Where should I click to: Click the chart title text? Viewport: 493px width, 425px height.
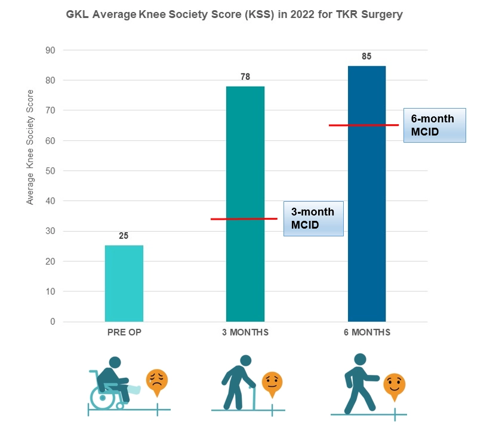(x=234, y=14)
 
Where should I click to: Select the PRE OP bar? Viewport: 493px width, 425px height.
(x=124, y=284)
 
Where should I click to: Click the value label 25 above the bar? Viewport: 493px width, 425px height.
(x=124, y=236)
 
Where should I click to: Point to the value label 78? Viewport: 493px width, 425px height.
(x=245, y=76)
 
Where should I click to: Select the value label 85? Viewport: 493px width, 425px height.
(x=366, y=57)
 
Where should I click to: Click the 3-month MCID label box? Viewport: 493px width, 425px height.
(x=313, y=218)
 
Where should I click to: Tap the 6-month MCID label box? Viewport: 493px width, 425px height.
(x=434, y=125)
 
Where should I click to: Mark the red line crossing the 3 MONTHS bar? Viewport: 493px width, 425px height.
(x=245, y=219)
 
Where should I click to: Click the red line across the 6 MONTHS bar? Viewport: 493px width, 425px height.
(x=366, y=125)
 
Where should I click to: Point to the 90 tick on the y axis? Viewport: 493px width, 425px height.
(x=50, y=50)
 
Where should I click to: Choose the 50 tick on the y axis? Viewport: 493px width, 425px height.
(x=50, y=171)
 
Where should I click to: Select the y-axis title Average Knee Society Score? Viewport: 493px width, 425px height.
(x=30, y=147)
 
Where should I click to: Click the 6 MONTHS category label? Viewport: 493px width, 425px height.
(x=366, y=332)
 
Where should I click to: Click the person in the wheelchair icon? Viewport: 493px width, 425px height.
(x=113, y=382)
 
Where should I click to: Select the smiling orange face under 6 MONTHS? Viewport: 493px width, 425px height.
(x=393, y=385)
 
